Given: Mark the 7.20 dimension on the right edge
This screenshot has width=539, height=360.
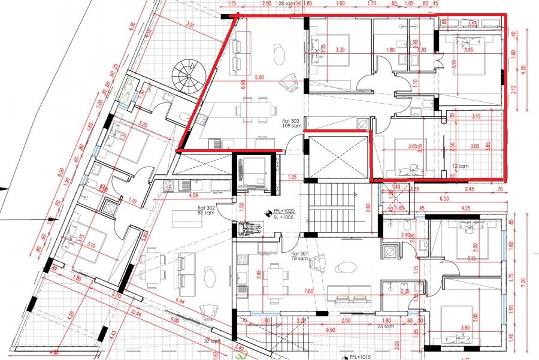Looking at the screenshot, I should click(522, 279).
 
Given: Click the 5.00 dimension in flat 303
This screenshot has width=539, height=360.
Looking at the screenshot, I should click(259, 77).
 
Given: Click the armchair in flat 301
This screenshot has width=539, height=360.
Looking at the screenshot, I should click(318, 261).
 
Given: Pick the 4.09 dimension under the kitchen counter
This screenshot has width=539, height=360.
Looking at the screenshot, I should click(193, 195).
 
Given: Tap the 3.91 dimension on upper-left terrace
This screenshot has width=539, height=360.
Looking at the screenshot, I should click(190, 25).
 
